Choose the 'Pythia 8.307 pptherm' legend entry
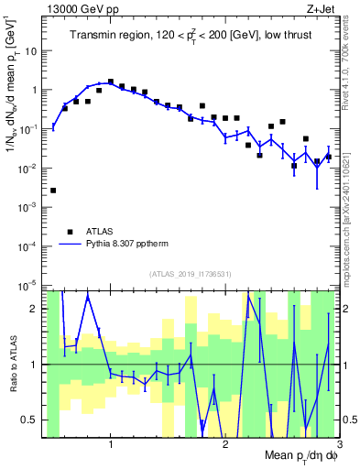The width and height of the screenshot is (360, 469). pos(135,245)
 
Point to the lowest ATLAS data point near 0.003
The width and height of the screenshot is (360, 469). pos(53,191)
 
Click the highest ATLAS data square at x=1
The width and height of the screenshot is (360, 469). pos(111,82)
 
